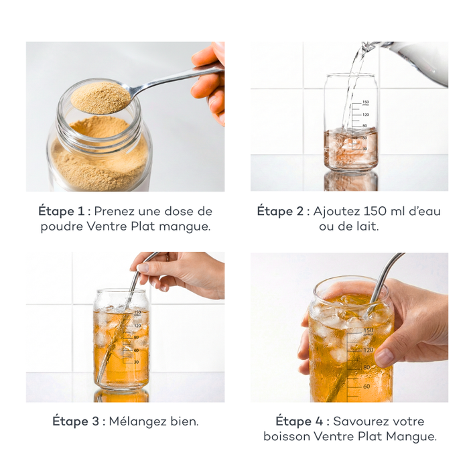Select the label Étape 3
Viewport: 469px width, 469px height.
(77, 421)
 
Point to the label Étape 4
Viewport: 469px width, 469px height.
(301, 421)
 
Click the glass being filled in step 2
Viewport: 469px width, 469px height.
(350, 134)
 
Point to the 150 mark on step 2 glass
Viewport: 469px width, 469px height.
(365, 102)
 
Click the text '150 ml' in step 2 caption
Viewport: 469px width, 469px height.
(385, 211)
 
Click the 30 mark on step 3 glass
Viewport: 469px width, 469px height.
(136, 362)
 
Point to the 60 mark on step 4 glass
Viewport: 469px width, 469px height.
(366, 386)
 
